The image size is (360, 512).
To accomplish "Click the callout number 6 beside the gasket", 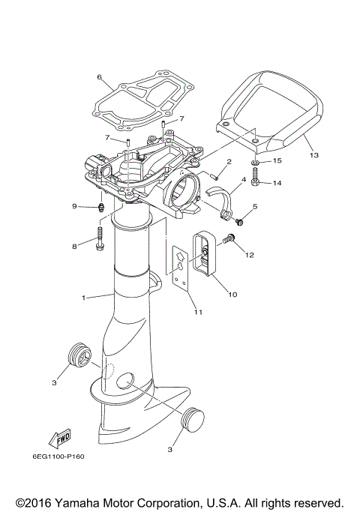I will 99,77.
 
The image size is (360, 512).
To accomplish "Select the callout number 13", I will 313,155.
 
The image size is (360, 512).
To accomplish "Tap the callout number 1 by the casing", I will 84,298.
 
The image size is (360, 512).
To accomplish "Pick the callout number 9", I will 74,206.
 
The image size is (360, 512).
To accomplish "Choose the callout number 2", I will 229,162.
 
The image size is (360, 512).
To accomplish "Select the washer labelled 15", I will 256,161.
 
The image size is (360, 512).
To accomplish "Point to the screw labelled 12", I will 230,239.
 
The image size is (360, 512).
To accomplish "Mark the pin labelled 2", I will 214,174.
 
